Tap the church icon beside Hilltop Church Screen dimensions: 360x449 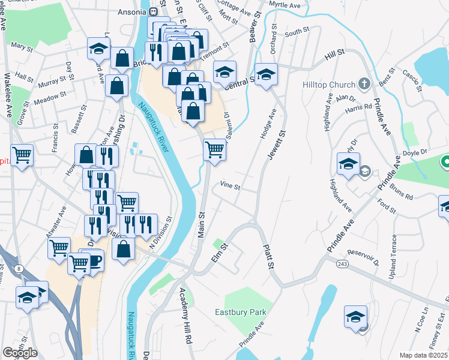pyautogui.click(x=364, y=83)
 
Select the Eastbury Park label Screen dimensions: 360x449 pyautogui.click(x=241, y=312)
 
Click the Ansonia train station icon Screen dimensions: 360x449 pyautogui.click(x=153, y=11)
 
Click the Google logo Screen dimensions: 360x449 pyautogui.click(x=20, y=353)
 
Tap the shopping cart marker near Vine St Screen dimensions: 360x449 pyautogui.click(x=214, y=149)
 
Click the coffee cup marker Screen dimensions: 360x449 pyautogui.click(x=94, y=260)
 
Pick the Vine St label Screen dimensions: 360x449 pyautogui.click(x=230, y=186)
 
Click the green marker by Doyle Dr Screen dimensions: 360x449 pyautogui.click(x=445, y=161)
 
